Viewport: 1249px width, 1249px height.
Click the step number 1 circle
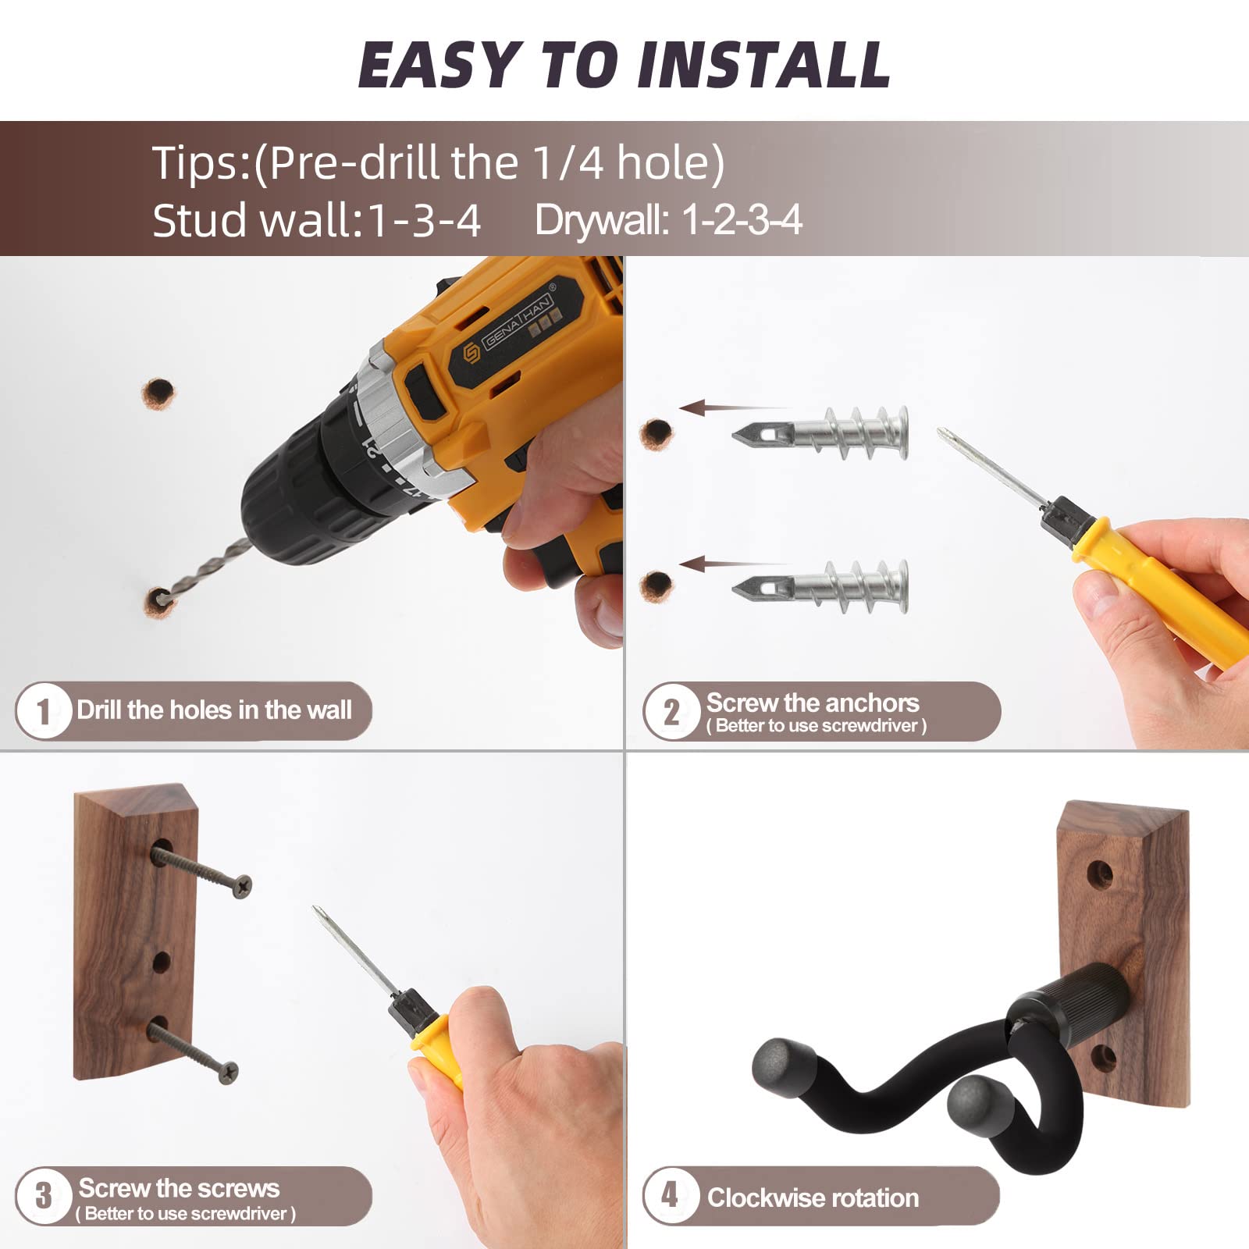(43, 710)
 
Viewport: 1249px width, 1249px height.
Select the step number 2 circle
(671, 711)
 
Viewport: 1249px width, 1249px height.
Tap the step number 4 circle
(670, 1195)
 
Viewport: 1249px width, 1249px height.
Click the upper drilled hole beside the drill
(158, 393)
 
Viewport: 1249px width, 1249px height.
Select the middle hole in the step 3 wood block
(161, 961)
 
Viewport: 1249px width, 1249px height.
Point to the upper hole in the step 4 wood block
(1100, 873)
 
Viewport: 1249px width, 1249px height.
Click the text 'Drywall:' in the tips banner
(601, 220)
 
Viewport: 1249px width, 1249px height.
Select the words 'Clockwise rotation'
(813, 1198)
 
